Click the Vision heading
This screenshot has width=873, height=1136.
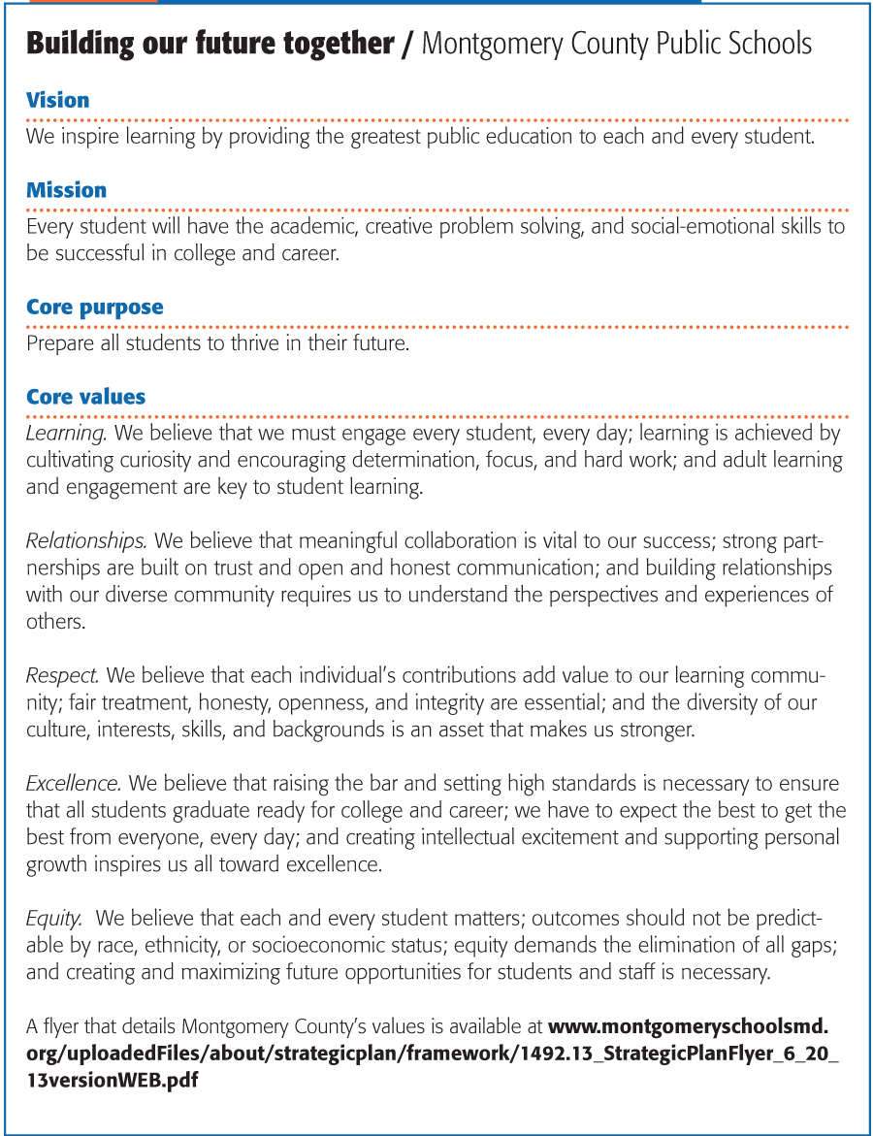(57, 100)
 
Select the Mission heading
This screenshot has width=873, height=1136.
(66, 190)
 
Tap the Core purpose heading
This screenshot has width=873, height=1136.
(94, 308)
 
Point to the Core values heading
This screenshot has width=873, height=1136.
(85, 397)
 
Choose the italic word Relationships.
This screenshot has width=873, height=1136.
(86, 539)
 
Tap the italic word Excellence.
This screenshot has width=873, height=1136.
(74, 782)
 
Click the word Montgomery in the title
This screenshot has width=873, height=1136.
(489, 44)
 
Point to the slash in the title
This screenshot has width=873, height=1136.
(407, 45)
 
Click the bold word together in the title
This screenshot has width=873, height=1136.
(337, 44)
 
